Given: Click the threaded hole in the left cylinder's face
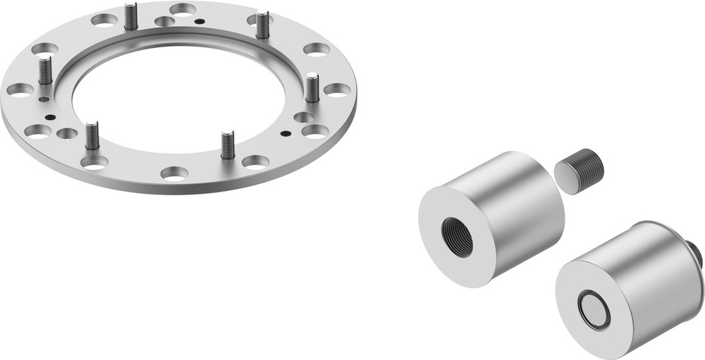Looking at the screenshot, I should click(457, 236).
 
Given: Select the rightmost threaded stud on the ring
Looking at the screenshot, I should click(312, 88).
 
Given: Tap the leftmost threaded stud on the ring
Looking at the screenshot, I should click(46, 70).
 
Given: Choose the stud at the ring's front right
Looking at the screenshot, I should click(227, 145).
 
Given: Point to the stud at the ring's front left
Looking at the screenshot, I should click(92, 136).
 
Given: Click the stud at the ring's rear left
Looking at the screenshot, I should click(130, 16).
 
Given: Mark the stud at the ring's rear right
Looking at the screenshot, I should click(262, 25).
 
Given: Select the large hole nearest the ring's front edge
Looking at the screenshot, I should click(174, 172).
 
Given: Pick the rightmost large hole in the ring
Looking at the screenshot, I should click(337, 89).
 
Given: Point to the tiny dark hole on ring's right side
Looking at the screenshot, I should click(284, 132).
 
